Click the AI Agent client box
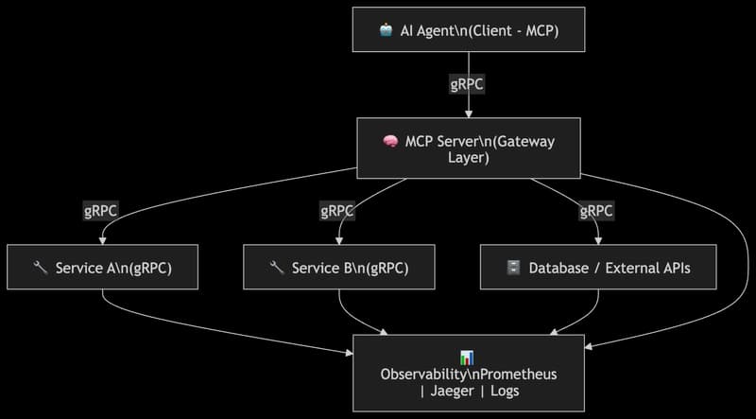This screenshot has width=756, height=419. (x=468, y=30)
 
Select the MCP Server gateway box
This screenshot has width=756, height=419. (x=468, y=148)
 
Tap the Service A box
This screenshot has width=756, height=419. (x=101, y=268)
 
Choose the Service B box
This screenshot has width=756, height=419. (x=338, y=268)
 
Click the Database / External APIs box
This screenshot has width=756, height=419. (x=598, y=268)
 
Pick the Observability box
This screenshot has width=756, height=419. (x=468, y=374)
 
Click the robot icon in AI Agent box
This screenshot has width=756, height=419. (x=387, y=30)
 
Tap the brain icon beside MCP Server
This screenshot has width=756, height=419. (x=388, y=142)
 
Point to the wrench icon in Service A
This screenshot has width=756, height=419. (x=40, y=268)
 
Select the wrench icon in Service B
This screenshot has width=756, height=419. (x=277, y=268)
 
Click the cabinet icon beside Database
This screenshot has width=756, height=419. (x=513, y=268)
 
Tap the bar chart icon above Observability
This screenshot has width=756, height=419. (x=467, y=357)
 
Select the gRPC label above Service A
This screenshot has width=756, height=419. (x=101, y=211)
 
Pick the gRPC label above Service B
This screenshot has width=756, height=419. (x=338, y=211)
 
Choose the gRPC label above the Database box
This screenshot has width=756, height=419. (x=597, y=211)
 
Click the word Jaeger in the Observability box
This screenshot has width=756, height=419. (x=458, y=391)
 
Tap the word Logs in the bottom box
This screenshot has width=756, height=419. (x=502, y=391)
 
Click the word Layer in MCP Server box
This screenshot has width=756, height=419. (x=468, y=157)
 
